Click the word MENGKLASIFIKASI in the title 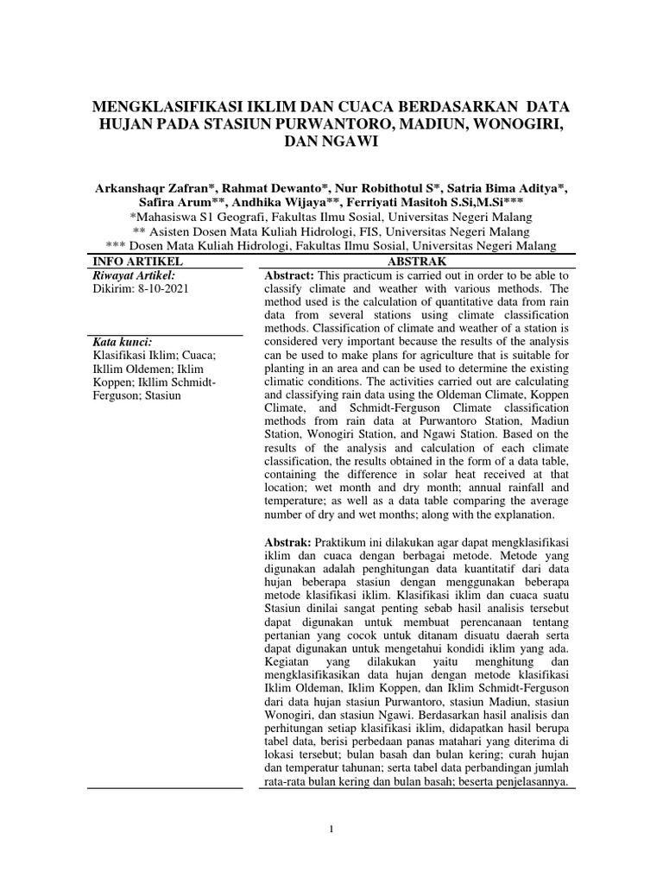coord(174,107)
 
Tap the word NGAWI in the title coord(348,143)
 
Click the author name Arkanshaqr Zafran coord(161,188)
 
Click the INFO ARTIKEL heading coord(133,261)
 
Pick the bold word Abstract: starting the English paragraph coord(288,275)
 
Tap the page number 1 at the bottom coord(331,830)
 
